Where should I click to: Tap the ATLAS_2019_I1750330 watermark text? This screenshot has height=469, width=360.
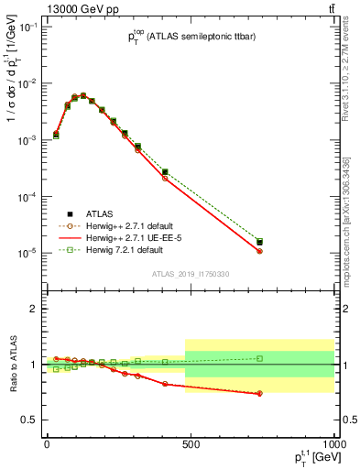coord(190,274)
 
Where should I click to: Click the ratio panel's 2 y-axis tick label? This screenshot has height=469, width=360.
coord(33,309)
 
